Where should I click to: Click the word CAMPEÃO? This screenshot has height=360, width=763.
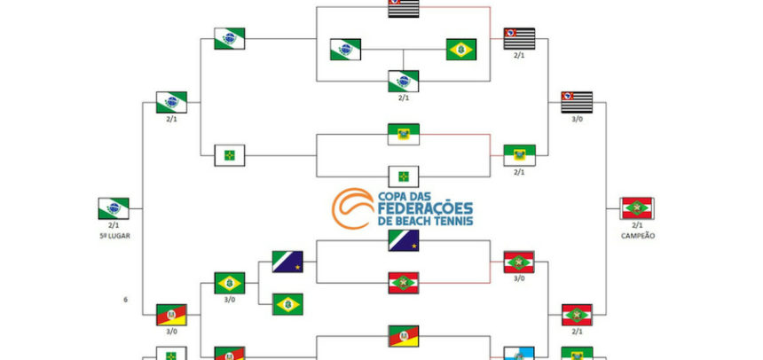(x=637, y=236)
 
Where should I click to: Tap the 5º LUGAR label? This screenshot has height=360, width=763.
(x=114, y=236)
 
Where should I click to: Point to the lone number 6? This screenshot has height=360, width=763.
(x=126, y=300)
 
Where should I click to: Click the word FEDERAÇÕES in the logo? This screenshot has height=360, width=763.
(x=425, y=208)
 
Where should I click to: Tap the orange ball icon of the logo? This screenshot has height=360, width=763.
(x=352, y=208)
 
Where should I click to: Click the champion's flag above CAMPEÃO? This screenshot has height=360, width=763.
(x=637, y=208)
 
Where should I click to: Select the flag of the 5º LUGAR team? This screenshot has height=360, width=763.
(x=114, y=208)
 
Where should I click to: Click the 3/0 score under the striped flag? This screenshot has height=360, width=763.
(x=577, y=119)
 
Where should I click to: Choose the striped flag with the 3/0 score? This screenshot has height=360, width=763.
(x=577, y=102)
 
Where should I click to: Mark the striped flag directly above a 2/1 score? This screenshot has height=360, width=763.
(x=519, y=38)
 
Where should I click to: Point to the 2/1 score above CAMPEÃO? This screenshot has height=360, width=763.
(x=637, y=225)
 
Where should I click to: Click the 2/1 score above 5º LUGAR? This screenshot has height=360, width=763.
(x=114, y=225)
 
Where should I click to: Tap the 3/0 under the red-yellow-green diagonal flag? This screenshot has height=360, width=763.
(x=171, y=332)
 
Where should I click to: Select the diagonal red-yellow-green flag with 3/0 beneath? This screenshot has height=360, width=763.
(x=171, y=315)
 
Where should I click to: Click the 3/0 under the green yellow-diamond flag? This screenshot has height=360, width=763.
(x=229, y=300)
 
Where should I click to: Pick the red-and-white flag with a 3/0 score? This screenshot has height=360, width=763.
(x=519, y=262)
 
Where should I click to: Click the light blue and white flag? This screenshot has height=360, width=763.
(x=519, y=354)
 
